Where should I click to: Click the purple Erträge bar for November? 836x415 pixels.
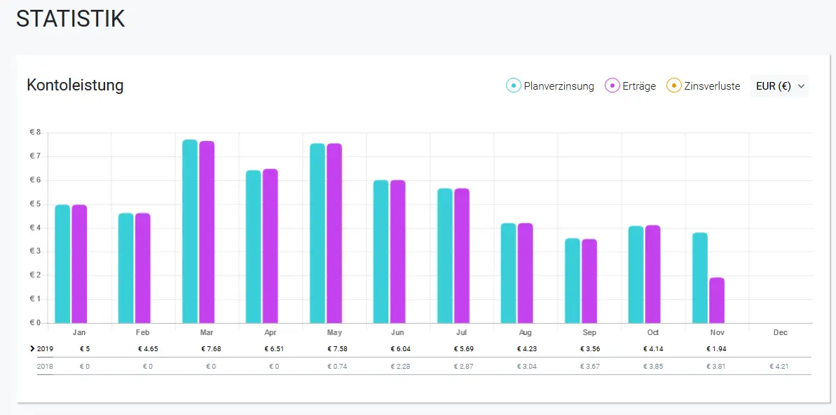[x=717, y=300]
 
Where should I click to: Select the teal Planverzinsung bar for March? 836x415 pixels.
[x=190, y=231]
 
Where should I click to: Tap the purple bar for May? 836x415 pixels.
[x=334, y=233]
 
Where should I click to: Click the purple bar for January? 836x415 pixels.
[x=79, y=264]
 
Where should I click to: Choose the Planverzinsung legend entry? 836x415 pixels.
[x=550, y=86]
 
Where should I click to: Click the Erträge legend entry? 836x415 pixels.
[x=631, y=86]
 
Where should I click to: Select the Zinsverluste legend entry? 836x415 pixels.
[x=704, y=86]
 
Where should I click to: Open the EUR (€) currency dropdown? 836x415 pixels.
[x=779, y=86]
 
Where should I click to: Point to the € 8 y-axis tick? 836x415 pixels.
[x=35, y=132]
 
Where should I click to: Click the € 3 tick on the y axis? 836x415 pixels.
[x=35, y=251]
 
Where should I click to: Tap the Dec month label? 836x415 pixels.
[x=781, y=332]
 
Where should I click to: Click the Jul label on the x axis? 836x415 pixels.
[x=462, y=332]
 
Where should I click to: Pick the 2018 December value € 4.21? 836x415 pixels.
[x=780, y=367]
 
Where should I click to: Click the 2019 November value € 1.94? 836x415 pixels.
[x=717, y=349]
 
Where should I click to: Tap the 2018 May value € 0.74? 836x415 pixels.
[x=338, y=367]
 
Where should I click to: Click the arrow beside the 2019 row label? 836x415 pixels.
[x=33, y=349]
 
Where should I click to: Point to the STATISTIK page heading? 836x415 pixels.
[x=70, y=19]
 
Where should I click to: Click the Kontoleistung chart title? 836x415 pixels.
[x=75, y=85]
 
